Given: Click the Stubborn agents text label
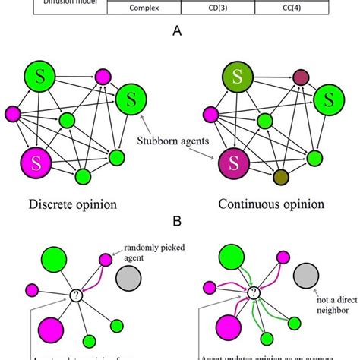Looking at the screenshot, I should pyautogui.click(x=178, y=141).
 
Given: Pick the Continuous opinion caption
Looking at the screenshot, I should pyautogui.click(x=270, y=204).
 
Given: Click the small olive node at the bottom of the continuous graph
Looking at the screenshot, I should pyautogui.click(x=280, y=176).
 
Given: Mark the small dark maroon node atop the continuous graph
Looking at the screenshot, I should pyautogui.click(x=301, y=77).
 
